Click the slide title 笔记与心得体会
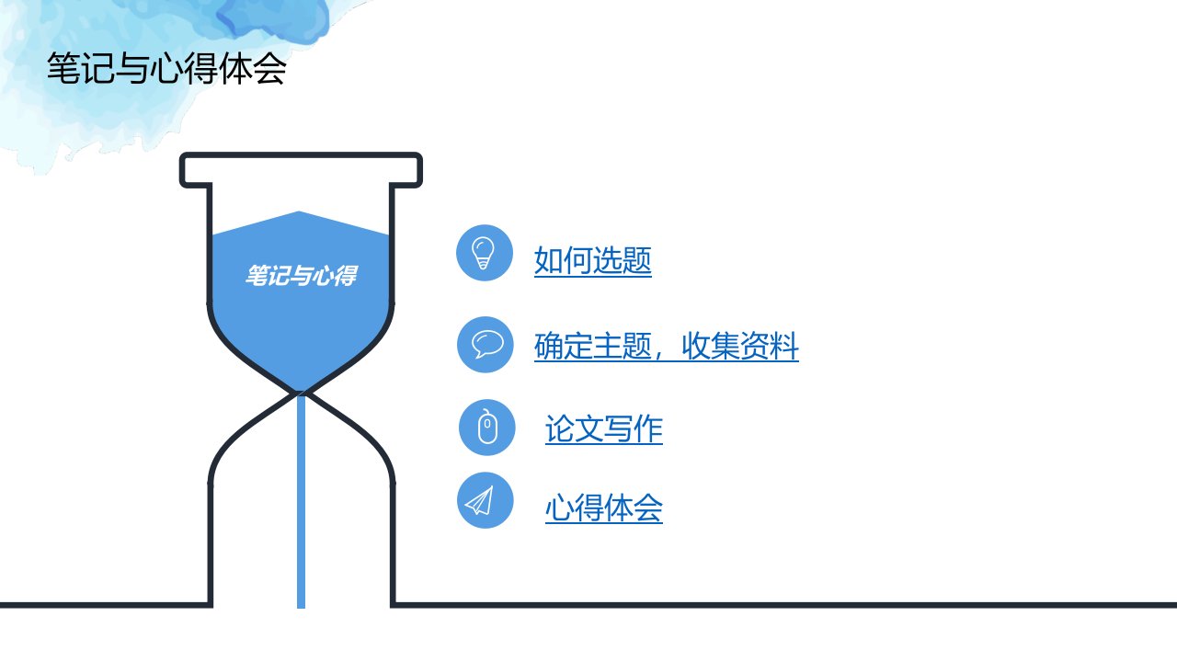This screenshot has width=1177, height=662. (x=166, y=68)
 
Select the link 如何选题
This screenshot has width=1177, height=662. (x=593, y=260)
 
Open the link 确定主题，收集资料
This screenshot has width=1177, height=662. (x=667, y=347)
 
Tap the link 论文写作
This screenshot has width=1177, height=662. (x=604, y=428)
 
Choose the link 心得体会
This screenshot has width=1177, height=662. (x=604, y=508)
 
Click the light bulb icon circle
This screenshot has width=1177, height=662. (x=484, y=253)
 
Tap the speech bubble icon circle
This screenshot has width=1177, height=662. (x=485, y=345)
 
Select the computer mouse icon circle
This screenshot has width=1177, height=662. (x=487, y=428)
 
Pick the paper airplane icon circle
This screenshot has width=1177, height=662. (x=485, y=500)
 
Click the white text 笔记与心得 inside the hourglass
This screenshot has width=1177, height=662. (x=302, y=276)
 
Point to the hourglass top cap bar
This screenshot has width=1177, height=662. (x=301, y=170)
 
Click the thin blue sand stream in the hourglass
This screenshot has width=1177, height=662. (x=301, y=502)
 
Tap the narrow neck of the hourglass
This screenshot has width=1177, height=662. (x=301, y=393)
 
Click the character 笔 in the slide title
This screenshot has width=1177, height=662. (x=63, y=68)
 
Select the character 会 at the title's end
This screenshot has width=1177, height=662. (x=269, y=68)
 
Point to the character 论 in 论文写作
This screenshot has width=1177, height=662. (x=560, y=428)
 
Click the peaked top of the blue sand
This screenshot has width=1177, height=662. (x=300, y=212)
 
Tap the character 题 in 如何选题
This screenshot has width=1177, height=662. (x=637, y=260)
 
